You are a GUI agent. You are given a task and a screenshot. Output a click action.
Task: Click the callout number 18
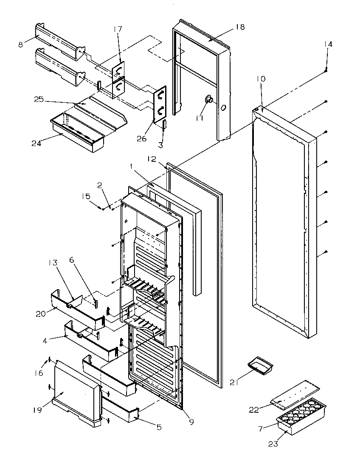[x=240, y=27]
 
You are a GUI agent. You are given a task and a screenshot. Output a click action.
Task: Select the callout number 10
[x=261, y=79]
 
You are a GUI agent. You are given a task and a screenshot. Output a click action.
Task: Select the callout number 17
[x=118, y=29]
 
